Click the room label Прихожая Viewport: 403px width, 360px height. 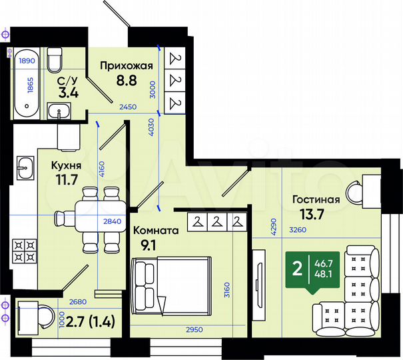pos(127,65)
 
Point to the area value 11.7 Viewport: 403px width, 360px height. pos(68,179)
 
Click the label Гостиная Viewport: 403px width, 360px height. pos(316,199)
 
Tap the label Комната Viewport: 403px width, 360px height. pos(156,230)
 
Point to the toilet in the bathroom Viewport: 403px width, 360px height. pos(55,63)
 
